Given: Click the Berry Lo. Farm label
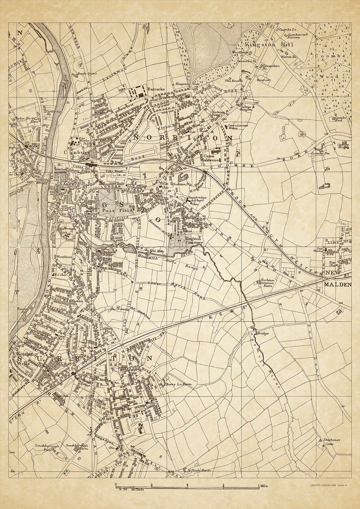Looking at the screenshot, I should click(x=179, y=385).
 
